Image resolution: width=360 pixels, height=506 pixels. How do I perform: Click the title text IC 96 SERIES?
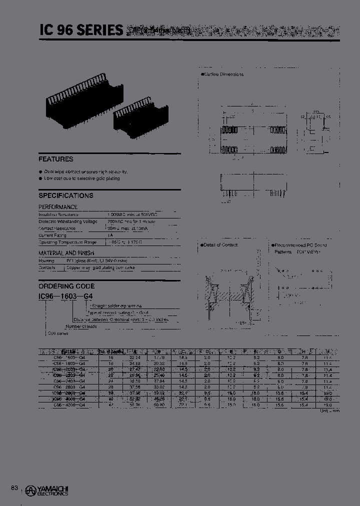coord(81,30)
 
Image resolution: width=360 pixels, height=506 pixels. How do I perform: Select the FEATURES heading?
coord(56,159)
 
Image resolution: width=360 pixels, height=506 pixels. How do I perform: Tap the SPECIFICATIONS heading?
coord(66,195)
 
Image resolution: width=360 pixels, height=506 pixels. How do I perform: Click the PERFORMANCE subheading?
coord(58,207)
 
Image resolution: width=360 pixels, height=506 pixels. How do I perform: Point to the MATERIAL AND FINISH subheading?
coord(66,253)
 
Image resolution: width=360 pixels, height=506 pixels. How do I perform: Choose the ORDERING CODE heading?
coord(66,286)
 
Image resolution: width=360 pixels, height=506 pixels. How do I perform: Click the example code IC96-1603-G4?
coord(65,296)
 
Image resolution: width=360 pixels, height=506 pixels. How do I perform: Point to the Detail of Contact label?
coord(220,245)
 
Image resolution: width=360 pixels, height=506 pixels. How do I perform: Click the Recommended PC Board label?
coord(298,245)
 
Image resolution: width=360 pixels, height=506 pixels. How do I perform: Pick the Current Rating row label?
coord(53,234)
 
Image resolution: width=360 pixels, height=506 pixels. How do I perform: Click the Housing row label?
coord(47,261)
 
